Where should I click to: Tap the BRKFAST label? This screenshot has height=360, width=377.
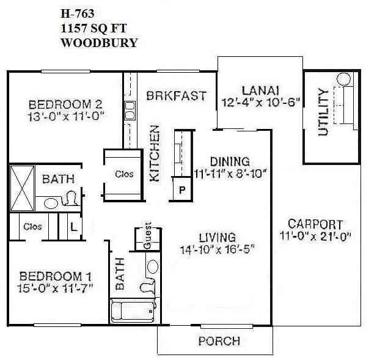(175, 97)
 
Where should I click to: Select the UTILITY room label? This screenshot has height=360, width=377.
(323, 112)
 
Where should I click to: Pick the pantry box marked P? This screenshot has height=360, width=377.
(181, 189)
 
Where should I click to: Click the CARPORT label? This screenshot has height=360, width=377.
(315, 224)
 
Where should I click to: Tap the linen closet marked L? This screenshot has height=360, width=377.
(73, 227)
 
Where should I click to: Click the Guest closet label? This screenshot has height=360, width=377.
(148, 238)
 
